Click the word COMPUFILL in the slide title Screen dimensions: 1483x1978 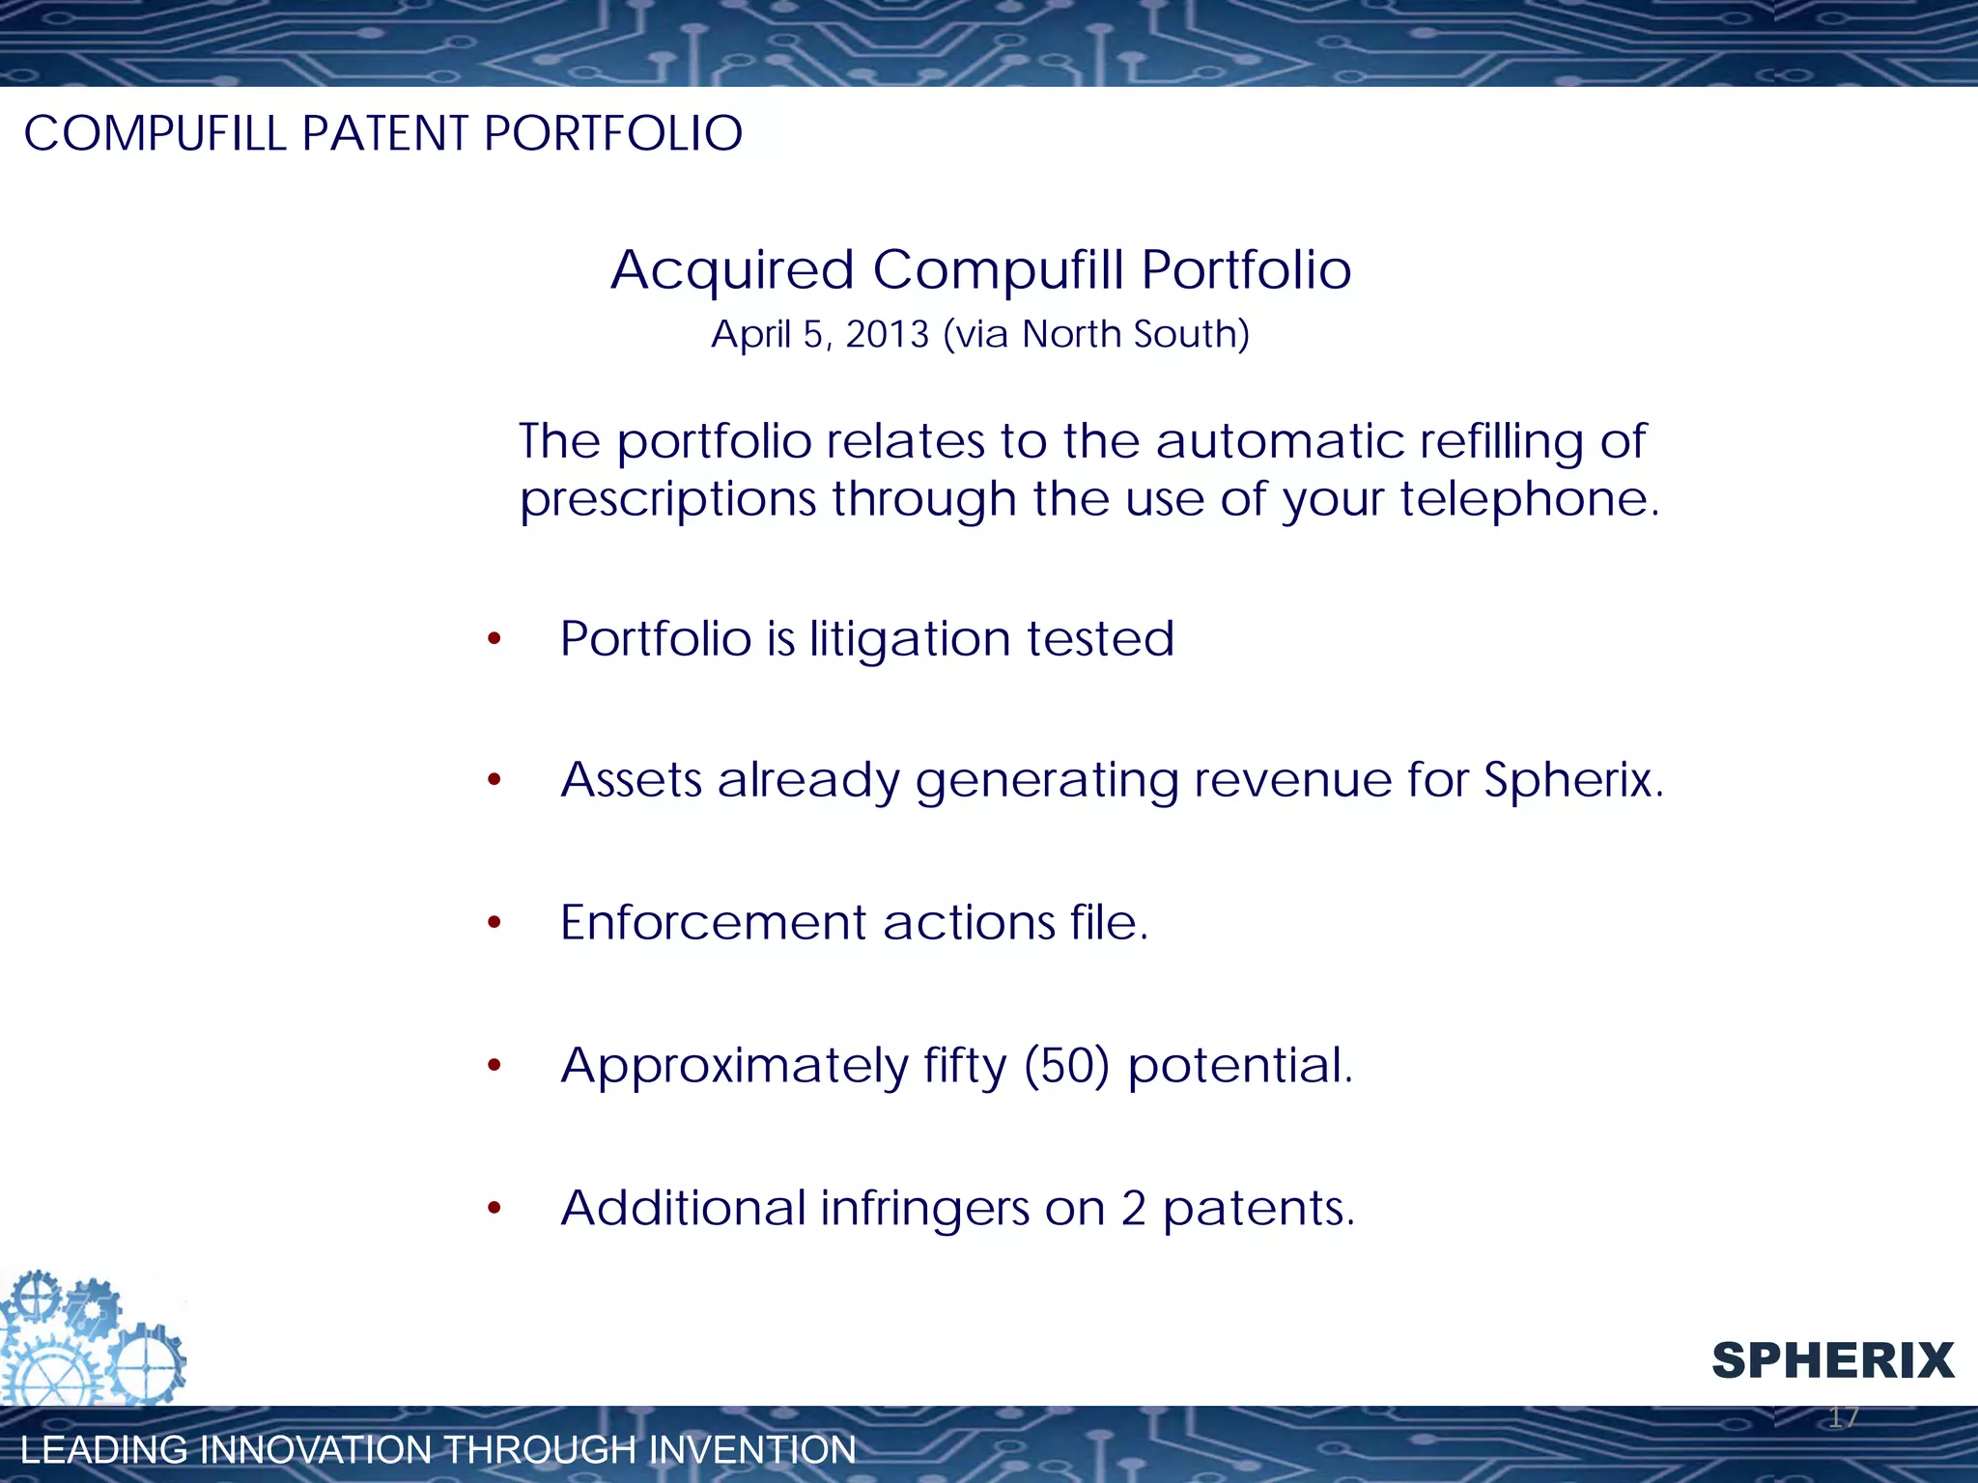pyautogui.click(x=155, y=133)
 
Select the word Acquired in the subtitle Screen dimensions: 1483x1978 pyautogui.click(x=732, y=270)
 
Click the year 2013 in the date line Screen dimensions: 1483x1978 pyautogui.click(x=887, y=335)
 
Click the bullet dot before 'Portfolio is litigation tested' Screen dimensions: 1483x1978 pyautogui.click(x=494, y=639)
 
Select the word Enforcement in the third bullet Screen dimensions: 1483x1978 pyautogui.click(x=713, y=923)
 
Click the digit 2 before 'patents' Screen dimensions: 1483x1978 pyautogui.click(x=1133, y=1209)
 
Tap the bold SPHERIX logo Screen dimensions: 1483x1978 pyautogui.click(x=1832, y=1361)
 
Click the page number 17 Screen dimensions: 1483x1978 pyautogui.click(x=1843, y=1417)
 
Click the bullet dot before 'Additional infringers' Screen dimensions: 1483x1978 pyautogui.click(x=494, y=1208)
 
